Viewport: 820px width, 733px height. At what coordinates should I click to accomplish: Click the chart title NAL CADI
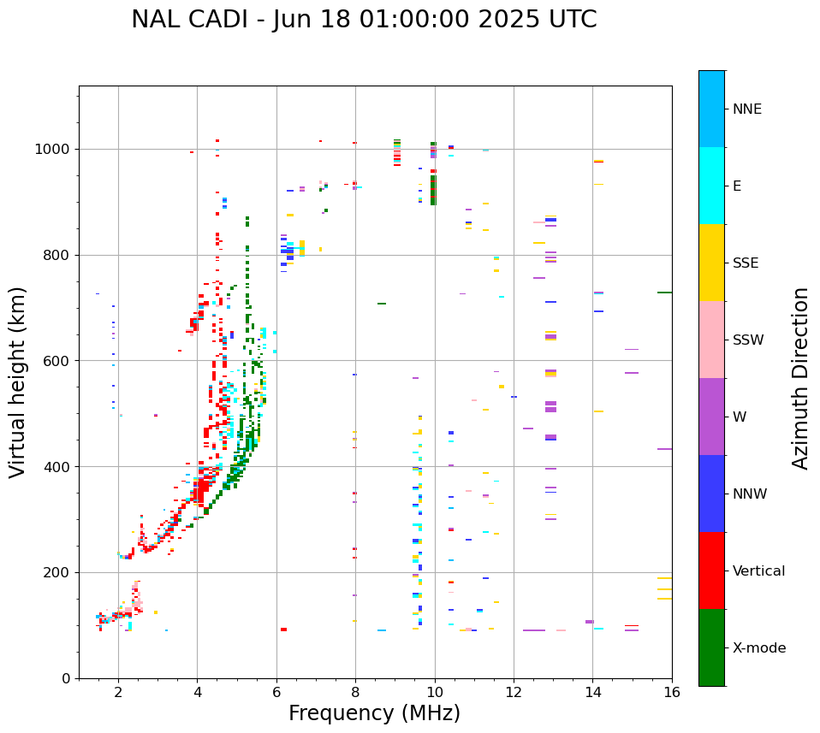[x=364, y=20]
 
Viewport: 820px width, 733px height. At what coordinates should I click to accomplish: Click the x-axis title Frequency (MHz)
[x=374, y=713]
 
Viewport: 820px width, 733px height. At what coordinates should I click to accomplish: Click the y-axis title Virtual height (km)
[x=18, y=382]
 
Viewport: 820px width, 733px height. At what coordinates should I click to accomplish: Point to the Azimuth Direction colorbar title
[x=800, y=378]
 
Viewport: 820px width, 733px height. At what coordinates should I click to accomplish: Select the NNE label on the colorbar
[x=747, y=109]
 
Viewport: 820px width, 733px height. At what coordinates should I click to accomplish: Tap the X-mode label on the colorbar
[x=759, y=648]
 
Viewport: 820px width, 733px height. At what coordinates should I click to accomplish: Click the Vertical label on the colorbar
[x=758, y=571]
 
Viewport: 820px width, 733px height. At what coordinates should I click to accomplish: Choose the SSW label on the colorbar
[x=748, y=340]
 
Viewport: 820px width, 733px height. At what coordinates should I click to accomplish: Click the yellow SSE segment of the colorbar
[x=711, y=263]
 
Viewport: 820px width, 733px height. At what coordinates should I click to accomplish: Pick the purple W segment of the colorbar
[x=711, y=417]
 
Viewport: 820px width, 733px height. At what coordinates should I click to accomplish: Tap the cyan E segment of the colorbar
[x=711, y=186]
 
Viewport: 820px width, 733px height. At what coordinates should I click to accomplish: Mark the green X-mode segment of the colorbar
[x=711, y=647]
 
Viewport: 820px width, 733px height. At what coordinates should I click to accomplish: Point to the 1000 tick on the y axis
[x=56, y=149]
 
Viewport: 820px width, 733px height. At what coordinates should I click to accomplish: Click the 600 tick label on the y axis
[x=60, y=361]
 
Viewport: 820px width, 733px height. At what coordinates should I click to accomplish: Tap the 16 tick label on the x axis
[x=672, y=692]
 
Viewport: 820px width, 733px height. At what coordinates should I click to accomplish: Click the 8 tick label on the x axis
[x=355, y=692]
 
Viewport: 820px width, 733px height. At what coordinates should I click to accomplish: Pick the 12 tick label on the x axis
[x=514, y=692]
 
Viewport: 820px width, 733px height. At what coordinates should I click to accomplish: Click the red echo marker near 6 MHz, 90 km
[x=283, y=630]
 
